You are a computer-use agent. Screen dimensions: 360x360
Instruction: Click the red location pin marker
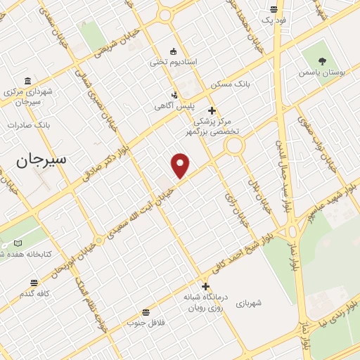181,165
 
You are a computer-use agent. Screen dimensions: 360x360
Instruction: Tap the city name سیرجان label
41,160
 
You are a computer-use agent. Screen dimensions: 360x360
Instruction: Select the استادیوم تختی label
173,62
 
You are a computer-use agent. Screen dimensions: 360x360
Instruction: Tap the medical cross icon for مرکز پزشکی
212,110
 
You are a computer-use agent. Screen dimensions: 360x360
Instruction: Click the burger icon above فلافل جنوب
146,312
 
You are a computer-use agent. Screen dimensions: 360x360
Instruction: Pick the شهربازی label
250,303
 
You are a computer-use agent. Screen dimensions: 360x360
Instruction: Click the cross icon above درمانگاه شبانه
205,286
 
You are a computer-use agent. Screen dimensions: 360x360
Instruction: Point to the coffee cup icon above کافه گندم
33,283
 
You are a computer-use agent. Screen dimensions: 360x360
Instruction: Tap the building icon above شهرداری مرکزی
27,81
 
